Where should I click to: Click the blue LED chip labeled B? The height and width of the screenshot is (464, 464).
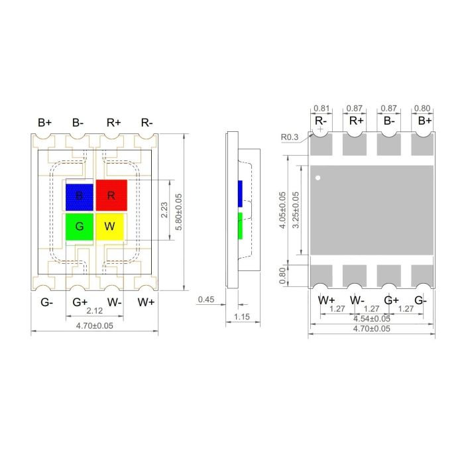click(80, 196)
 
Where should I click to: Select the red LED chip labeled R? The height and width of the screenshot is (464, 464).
click(111, 195)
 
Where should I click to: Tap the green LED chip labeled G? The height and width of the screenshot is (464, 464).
click(80, 227)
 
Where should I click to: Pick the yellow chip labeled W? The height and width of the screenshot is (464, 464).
click(110, 227)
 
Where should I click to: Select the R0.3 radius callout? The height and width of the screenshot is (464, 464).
click(290, 137)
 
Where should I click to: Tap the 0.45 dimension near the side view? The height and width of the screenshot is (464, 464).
click(207, 300)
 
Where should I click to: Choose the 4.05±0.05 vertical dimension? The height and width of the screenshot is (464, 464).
click(283, 211)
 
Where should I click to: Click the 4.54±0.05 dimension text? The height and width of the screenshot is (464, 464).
click(371, 318)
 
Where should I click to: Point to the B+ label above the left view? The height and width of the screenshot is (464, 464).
click(44, 123)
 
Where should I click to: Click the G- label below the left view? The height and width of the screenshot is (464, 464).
click(46, 302)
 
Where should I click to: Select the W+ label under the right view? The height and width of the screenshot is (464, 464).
click(326, 300)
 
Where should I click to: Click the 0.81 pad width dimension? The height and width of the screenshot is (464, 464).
click(321, 108)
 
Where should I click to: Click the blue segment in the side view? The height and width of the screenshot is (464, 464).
click(240, 192)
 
